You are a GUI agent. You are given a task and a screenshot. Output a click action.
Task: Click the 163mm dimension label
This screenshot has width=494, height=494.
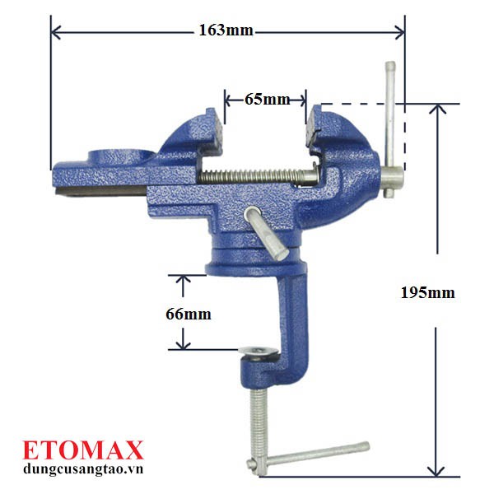pos(226,30)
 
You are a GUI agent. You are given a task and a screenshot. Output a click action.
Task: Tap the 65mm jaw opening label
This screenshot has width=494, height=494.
pos(267,100)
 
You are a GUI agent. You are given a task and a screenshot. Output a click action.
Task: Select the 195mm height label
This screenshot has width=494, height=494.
pos(427,293)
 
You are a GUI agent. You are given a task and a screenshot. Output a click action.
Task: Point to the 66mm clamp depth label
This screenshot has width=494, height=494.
pos(189,315)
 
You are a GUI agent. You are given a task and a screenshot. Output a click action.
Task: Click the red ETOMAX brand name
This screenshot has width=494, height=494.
pos(83,450)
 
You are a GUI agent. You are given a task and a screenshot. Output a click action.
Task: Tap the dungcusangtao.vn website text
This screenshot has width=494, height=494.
pos(83,468)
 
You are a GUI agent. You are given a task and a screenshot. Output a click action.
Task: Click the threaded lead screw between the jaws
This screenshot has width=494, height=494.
pos(258,176)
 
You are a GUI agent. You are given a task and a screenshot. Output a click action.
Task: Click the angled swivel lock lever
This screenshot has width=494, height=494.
pos(266,233)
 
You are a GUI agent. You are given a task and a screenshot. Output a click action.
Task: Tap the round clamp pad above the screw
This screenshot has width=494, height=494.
pos(259,351)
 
